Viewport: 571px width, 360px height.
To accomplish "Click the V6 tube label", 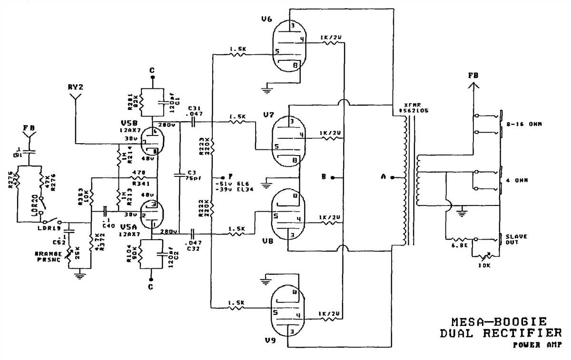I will coord(267,19).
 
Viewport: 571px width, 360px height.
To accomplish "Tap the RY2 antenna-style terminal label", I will coord(75,87).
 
